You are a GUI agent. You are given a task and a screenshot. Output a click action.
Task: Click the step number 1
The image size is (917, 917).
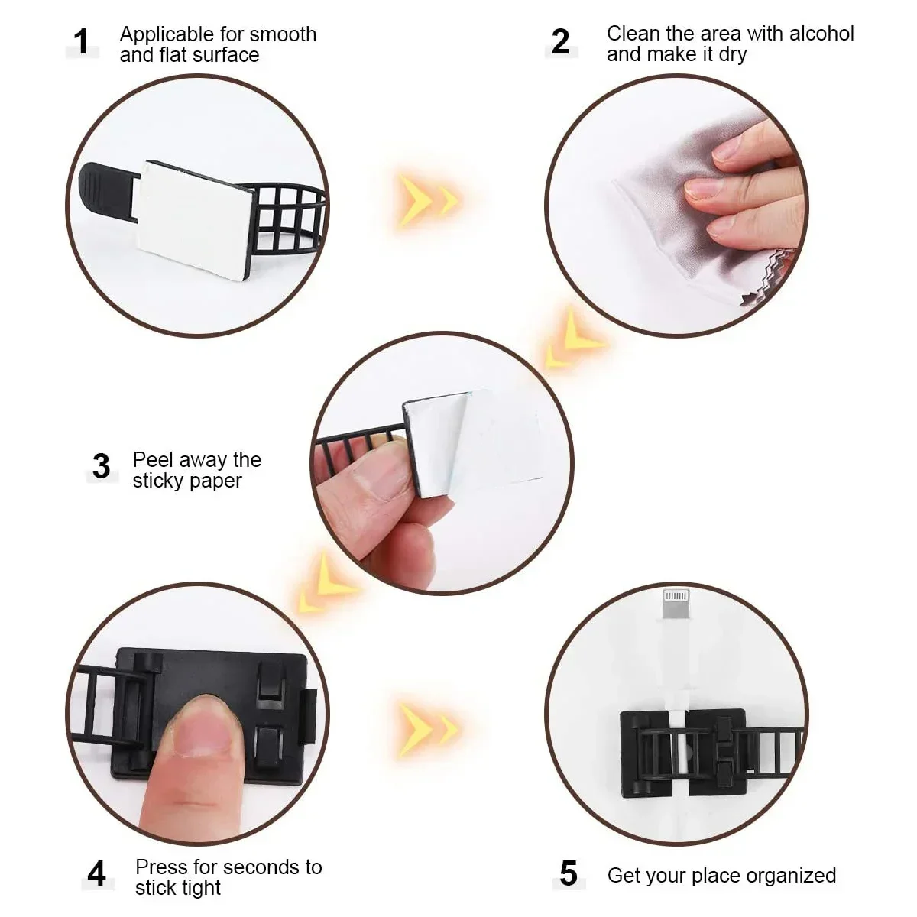point(81,42)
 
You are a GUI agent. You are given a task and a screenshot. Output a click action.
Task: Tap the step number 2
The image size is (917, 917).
point(560,41)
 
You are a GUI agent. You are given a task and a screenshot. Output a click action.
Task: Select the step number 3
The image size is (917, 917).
point(101,466)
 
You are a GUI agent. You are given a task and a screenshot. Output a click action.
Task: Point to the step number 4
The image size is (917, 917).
point(96,873)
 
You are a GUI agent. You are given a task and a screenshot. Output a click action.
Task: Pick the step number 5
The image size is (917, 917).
point(568,873)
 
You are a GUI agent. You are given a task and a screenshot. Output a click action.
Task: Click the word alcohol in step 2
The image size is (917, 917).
point(821,34)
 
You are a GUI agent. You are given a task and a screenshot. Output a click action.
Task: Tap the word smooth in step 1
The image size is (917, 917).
point(283,34)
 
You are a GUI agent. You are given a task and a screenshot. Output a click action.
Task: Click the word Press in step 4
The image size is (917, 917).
point(161,867)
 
